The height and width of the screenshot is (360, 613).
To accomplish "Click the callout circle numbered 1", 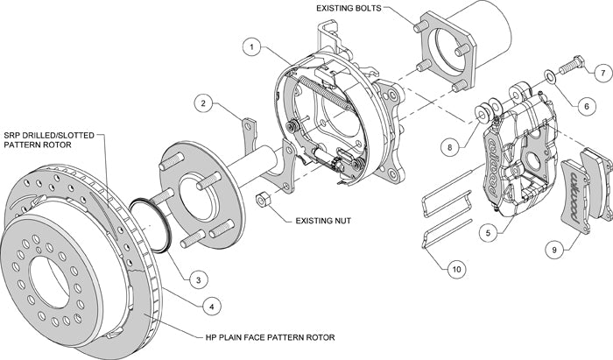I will (x=250, y=46).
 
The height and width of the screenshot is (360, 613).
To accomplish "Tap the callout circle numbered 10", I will (x=455, y=269).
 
